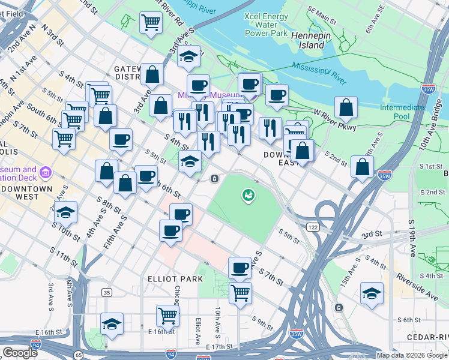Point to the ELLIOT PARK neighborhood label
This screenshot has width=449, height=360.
click(x=169, y=279)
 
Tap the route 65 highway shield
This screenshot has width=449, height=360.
click(x=79, y=355)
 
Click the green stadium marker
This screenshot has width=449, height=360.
click(x=247, y=194)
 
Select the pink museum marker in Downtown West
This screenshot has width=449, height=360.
click(x=45, y=174)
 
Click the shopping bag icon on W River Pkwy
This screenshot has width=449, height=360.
click(x=346, y=108)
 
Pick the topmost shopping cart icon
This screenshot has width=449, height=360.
click(x=151, y=23)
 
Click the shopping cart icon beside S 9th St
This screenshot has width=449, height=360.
click(x=240, y=293)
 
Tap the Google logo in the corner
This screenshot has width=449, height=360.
click(x=20, y=353)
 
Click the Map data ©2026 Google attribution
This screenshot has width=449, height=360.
click(x=412, y=355)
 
